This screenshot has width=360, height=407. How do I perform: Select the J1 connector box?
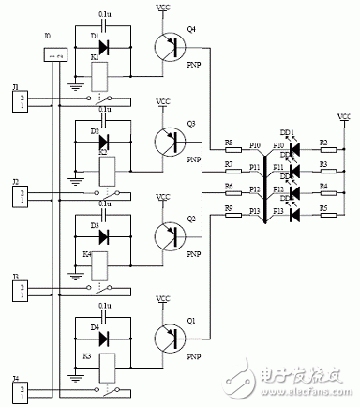click(x=20, y=98)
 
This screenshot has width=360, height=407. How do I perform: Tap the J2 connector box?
click(x=20, y=194)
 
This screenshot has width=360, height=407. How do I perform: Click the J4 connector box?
click(x=20, y=387)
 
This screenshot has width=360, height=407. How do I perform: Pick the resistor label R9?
click(x=229, y=208)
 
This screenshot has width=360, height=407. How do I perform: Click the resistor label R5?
click(x=323, y=208)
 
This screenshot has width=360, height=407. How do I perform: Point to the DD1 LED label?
click(x=286, y=133)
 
